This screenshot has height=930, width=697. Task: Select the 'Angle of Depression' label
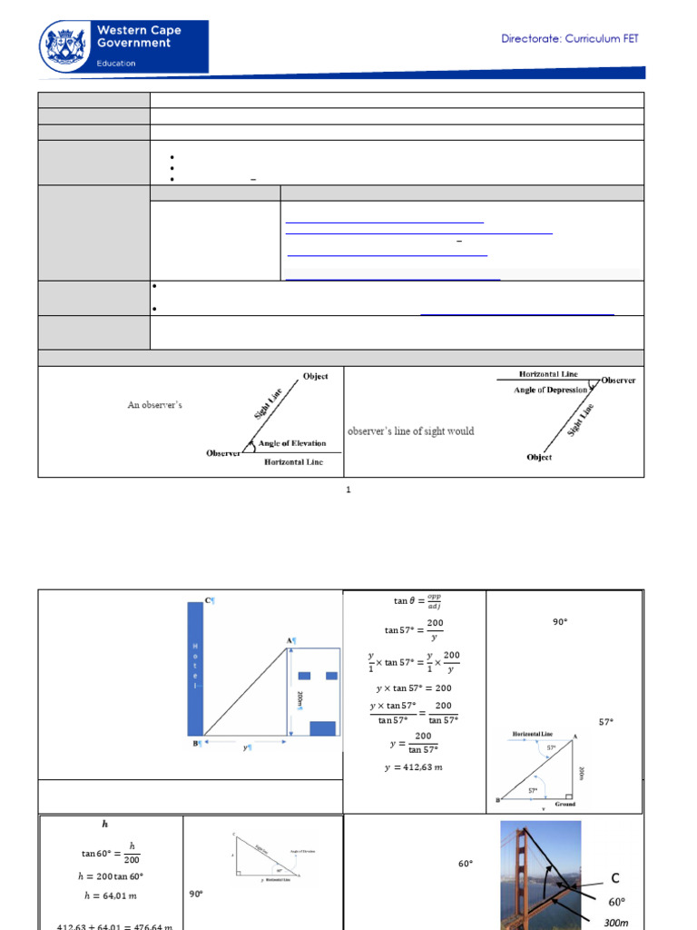click(x=538, y=390)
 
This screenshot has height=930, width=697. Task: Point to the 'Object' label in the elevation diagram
click(x=315, y=376)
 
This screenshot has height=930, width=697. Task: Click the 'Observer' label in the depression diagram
click(x=617, y=381)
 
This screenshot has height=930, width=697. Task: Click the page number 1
click(x=348, y=490)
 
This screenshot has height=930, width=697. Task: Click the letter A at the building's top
click(x=290, y=640)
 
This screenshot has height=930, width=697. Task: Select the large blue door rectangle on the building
click(x=322, y=727)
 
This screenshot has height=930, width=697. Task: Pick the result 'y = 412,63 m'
click(x=414, y=767)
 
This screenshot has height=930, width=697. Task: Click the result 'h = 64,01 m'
click(x=111, y=896)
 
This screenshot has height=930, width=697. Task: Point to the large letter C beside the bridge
click(x=615, y=878)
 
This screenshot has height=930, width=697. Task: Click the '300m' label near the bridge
click(x=616, y=922)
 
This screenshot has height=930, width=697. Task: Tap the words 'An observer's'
click(x=154, y=405)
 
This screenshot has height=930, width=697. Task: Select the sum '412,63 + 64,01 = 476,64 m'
click(x=111, y=925)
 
